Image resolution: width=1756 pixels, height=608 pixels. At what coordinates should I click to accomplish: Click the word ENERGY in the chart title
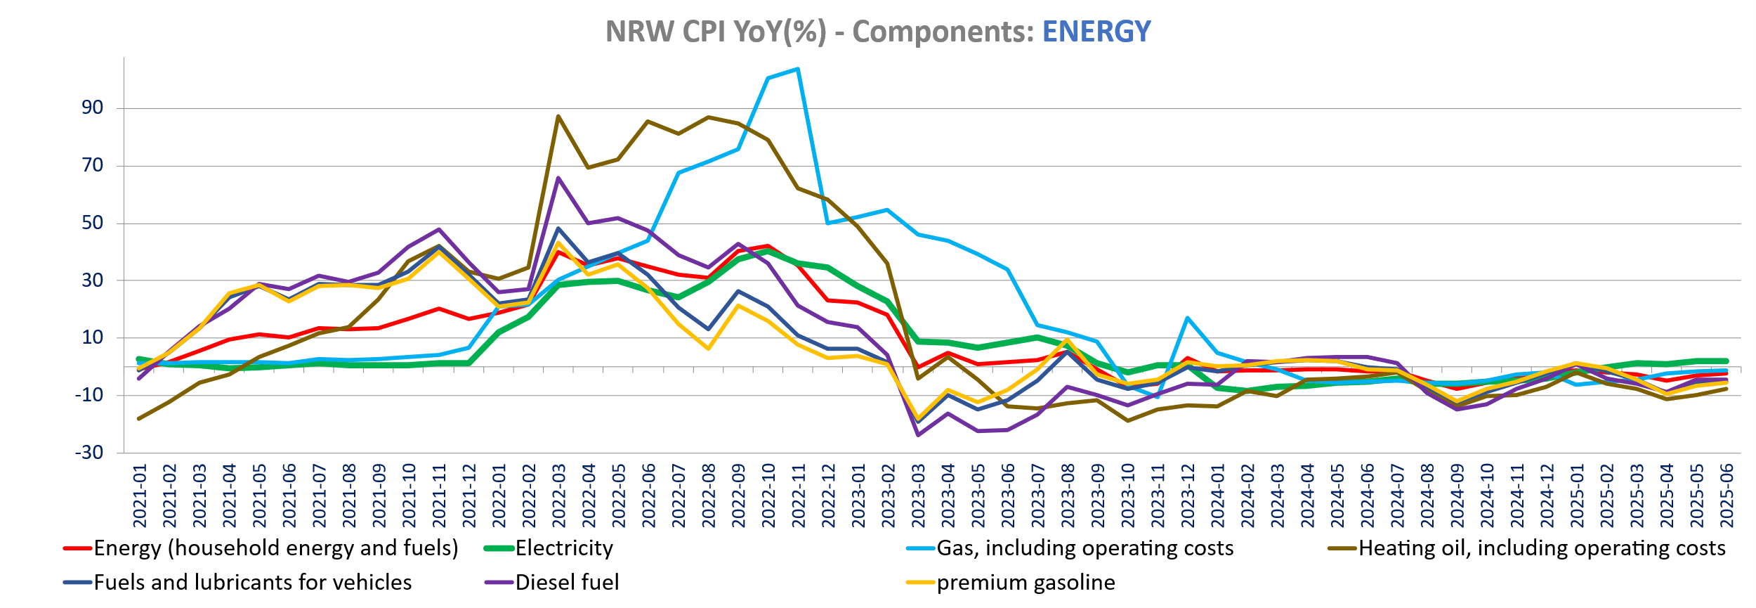tap(1096, 32)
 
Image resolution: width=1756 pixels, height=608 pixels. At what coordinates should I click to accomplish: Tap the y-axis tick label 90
tap(92, 108)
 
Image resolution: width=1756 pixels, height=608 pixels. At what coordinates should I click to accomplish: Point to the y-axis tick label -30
tap(89, 452)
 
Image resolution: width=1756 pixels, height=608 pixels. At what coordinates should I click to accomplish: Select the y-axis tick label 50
tap(92, 223)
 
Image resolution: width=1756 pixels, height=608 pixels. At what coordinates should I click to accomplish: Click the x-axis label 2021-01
tap(140, 496)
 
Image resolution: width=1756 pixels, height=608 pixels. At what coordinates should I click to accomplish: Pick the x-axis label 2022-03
tap(559, 496)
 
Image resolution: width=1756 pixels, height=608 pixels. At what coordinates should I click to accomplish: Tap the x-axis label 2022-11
tap(799, 496)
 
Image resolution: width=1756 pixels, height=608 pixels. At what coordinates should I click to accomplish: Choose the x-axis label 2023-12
tap(1188, 496)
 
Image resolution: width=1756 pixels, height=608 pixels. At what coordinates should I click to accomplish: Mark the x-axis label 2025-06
tap(1726, 496)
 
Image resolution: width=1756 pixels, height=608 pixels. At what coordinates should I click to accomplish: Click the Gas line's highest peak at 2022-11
tap(798, 69)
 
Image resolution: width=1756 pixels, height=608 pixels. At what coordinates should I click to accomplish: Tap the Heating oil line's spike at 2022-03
tap(558, 117)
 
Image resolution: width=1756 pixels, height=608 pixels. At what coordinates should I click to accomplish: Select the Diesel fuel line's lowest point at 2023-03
tap(918, 435)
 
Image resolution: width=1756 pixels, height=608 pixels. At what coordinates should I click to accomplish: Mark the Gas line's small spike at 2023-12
tap(1187, 318)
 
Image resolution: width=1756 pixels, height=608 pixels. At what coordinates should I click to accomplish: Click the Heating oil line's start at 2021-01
tap(139, 418)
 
